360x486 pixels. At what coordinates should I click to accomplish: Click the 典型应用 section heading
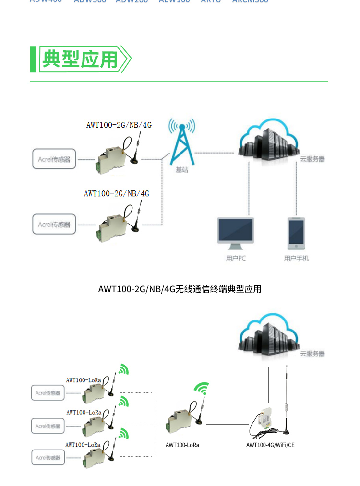tap(80, 59)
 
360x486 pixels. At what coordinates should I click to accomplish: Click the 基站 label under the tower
tap(182, 170)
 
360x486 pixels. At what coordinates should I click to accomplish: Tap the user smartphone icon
tap(296, 233)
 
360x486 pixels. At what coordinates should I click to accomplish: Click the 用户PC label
tap(235, 258)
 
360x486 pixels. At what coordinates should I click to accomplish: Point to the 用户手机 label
tap(296, 258)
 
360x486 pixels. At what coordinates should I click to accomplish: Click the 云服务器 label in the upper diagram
tap(312, 159)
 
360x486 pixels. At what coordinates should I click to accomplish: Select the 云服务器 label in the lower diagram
tap(312, 354)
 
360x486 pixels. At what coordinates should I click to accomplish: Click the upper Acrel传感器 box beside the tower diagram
tap(54, 159)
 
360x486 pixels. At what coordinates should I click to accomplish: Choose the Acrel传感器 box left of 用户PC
tap(54, 224)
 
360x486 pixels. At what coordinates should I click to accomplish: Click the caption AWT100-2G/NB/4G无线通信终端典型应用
tap(180, 289)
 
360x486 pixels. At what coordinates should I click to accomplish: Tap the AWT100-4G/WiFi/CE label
tap(270, 445)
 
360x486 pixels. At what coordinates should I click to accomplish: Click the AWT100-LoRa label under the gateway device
tap(182, 445)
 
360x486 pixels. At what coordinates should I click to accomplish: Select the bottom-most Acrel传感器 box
tap(48, 457)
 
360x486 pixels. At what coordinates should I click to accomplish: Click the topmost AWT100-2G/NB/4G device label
tap(119, 125)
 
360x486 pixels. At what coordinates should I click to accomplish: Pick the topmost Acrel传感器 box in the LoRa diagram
tap(48, 393)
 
